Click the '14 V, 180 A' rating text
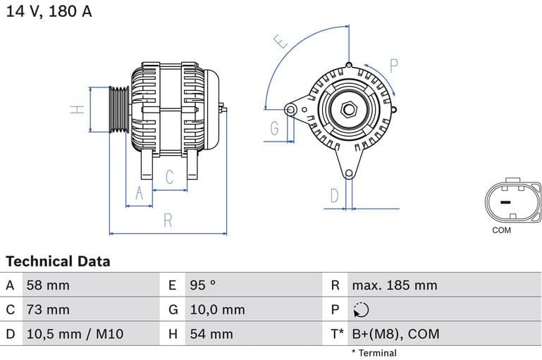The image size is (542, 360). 49,11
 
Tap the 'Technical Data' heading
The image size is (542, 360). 58,261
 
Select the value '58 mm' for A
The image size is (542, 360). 48,285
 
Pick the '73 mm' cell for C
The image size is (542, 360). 48,309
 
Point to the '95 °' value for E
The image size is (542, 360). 203,285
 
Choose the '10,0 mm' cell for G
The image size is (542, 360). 217,309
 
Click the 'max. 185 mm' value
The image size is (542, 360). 395,285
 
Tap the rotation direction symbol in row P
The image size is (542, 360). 360,310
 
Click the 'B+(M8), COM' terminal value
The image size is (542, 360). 395,333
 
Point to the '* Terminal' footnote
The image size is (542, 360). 374,352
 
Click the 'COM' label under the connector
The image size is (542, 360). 502,230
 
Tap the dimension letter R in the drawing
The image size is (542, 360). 168,220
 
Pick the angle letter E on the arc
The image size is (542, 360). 282,42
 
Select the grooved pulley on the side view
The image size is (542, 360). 118,109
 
